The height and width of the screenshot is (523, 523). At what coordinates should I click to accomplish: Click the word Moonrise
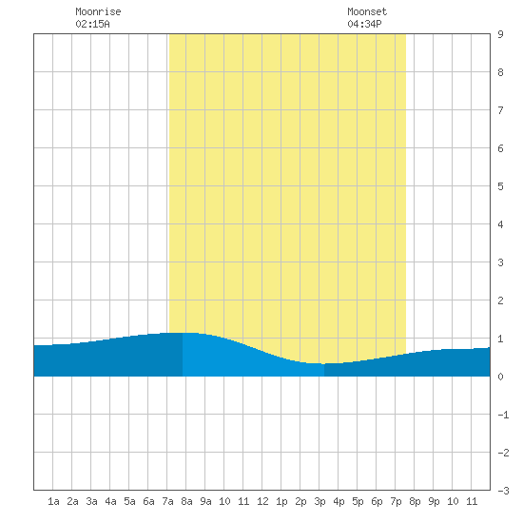coord(98,11)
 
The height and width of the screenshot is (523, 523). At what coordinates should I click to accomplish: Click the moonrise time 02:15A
coord(92,24)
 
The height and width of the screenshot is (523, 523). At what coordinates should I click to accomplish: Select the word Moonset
coord(367,11)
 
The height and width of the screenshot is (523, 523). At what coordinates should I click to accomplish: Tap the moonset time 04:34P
coord(364,24)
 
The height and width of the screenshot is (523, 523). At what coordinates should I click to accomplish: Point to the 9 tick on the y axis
coord(500,34)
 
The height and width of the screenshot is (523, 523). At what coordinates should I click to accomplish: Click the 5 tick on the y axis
coord(500,186)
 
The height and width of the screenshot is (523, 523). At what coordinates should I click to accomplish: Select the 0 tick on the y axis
coord(500,377)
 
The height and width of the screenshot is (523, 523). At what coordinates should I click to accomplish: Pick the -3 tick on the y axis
coord(503,491)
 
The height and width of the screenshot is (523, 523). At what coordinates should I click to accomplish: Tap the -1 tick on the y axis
coord(503,415)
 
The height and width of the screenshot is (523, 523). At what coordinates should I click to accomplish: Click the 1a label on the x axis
coord(53,501)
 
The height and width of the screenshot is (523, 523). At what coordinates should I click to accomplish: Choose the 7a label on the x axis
coord(167,501)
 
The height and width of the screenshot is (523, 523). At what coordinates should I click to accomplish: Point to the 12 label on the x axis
coord(262,501)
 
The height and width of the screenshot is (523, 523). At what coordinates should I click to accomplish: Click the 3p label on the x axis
coord(320,502)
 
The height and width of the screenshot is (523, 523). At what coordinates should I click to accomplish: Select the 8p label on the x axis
coord(415,502)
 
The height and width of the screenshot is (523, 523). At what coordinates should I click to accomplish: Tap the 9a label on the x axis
coord(205,501)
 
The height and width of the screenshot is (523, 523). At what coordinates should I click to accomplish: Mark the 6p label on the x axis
coord(377,502)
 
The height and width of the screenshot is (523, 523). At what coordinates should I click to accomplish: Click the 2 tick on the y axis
coord(500,300)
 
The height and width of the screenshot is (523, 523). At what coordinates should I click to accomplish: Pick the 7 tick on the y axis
coord(500,110)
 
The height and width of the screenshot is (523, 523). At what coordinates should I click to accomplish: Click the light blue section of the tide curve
coord(247,360)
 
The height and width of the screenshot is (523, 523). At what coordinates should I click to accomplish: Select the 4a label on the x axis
coord(110,501)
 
